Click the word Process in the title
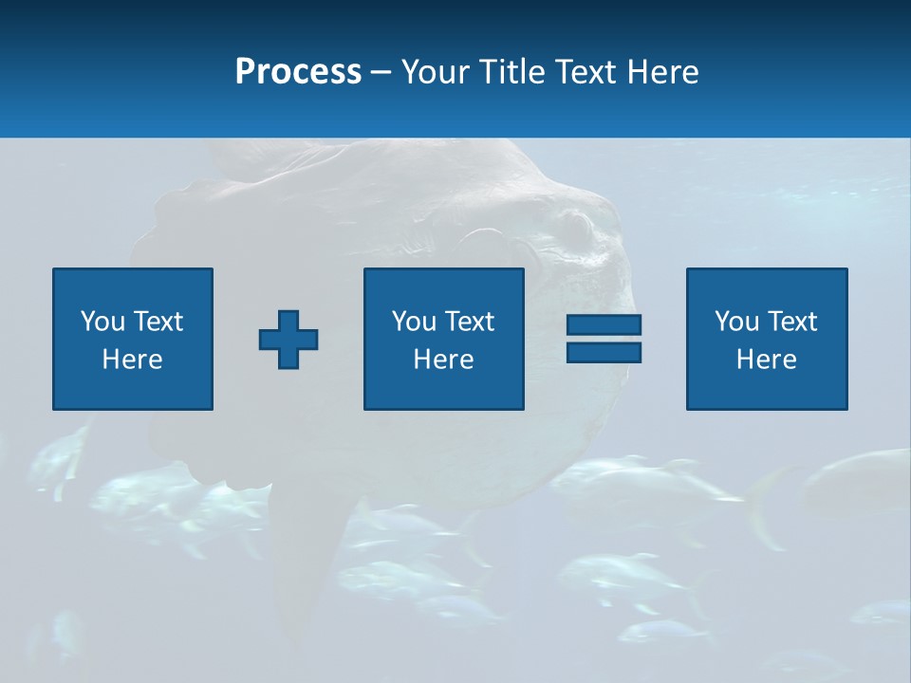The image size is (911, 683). (x=298, y=71)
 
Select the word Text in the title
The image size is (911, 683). (x=586, y=71)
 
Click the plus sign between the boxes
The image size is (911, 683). (x=288, y=340)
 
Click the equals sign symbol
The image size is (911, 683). (x=604, y=339)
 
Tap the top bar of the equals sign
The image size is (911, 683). (x=604, y=325)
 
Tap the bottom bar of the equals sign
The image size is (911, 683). (x=604, y=353)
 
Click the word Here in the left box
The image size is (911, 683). (x=133, y=360)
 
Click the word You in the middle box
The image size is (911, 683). (x=413, y=322)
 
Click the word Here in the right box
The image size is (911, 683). (x=767, y=360)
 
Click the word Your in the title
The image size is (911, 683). (x=436, y=71)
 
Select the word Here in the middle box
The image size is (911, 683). (x=443, y=360)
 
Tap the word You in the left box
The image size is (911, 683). (x=102, y=322)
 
